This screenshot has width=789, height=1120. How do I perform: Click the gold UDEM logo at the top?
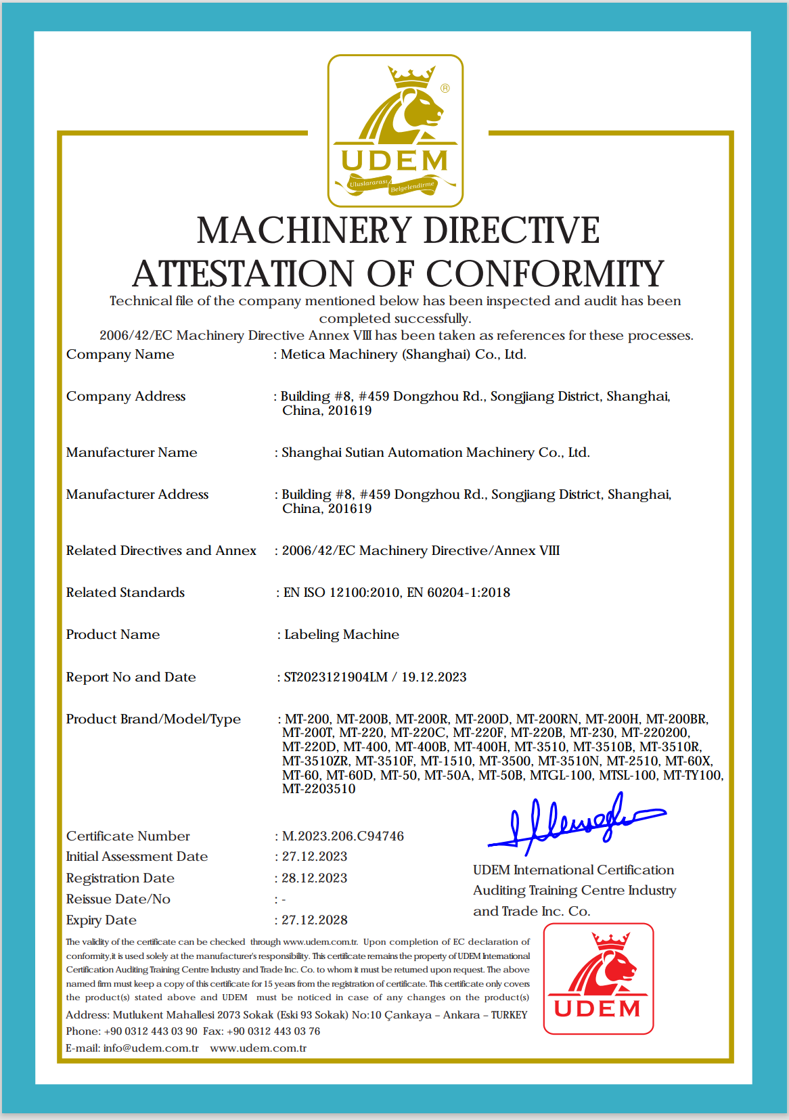[x=395, y=131]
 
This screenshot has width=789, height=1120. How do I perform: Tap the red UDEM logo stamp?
[x=598, y=979]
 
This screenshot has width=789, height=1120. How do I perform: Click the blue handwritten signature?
[x=575, y=823]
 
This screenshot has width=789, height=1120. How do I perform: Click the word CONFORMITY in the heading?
[x=545, y=274]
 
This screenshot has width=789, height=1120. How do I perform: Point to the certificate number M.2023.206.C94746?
[x=343, y=836]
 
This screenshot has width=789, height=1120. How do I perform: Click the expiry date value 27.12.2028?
[x=315, y=920]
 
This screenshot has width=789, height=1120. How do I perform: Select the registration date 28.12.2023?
[x=315, y=878]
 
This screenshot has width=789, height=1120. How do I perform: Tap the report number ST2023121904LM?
[x=336, y=677]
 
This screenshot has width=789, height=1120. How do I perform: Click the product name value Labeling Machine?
[x=342, y=635]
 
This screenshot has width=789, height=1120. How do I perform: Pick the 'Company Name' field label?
[x=120, y=355]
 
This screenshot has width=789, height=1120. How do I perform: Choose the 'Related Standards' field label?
[x=125, y=593]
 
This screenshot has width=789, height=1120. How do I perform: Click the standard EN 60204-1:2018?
[x=459, y=593]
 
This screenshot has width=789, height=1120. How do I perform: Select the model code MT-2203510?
[x=319, y=789]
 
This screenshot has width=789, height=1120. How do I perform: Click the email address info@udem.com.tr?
[x=151, y=1048]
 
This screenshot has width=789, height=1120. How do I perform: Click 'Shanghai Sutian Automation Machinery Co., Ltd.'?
[x=436, y=453]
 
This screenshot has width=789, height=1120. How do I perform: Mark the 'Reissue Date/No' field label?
[x=118, y=899]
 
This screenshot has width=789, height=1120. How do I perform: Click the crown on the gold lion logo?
[x=411, y=75]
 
